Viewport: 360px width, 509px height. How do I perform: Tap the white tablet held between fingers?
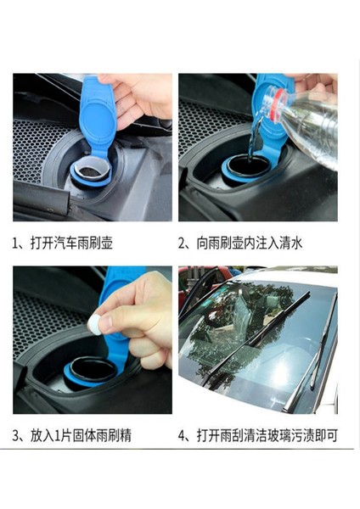pos(94,324)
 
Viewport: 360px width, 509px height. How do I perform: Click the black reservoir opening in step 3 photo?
pos(93,370)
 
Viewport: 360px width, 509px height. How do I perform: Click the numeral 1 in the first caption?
pos(15,243)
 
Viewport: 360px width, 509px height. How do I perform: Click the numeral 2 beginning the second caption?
pos(182,243)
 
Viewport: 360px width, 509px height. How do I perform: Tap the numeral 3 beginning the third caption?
pos(16,436)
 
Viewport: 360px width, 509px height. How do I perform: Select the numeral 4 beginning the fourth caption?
pos(182,436)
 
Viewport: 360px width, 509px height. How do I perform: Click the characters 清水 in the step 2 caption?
pos(291,243)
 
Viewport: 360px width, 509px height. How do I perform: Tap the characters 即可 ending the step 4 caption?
pos(326,436)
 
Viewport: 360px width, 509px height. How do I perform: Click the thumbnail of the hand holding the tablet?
pos(93,340)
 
